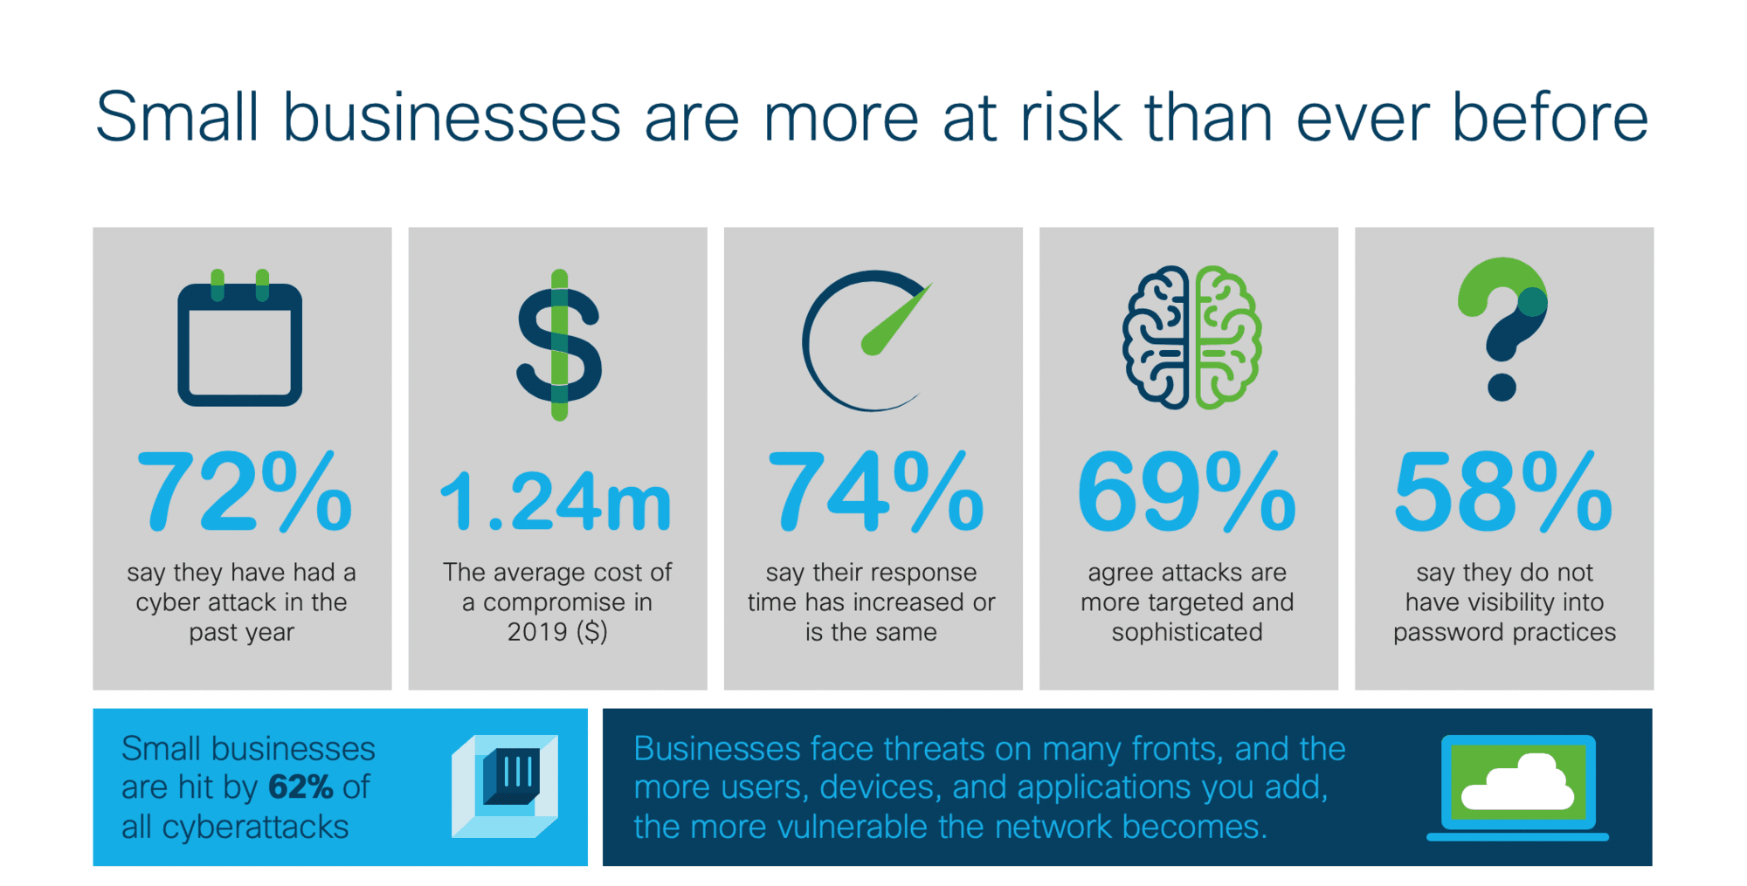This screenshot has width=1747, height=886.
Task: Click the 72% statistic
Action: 245,491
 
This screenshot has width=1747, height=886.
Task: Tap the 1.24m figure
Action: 556,501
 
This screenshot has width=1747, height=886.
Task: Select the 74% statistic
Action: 874,491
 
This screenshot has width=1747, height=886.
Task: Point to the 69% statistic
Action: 1186,491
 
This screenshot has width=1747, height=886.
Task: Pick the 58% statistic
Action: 1502,491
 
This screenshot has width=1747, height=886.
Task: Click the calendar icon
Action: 240,338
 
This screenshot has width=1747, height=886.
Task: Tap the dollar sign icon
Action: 559,345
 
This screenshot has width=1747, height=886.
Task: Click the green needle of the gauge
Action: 896,319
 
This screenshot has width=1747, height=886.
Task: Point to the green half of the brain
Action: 1227,338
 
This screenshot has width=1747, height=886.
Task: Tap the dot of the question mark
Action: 1502,387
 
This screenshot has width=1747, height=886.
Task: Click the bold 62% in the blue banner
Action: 300,787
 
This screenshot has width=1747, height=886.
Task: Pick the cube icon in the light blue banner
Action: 505,786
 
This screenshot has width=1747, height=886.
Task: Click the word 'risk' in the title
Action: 1071,117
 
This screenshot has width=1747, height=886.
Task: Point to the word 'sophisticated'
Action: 1187,632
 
